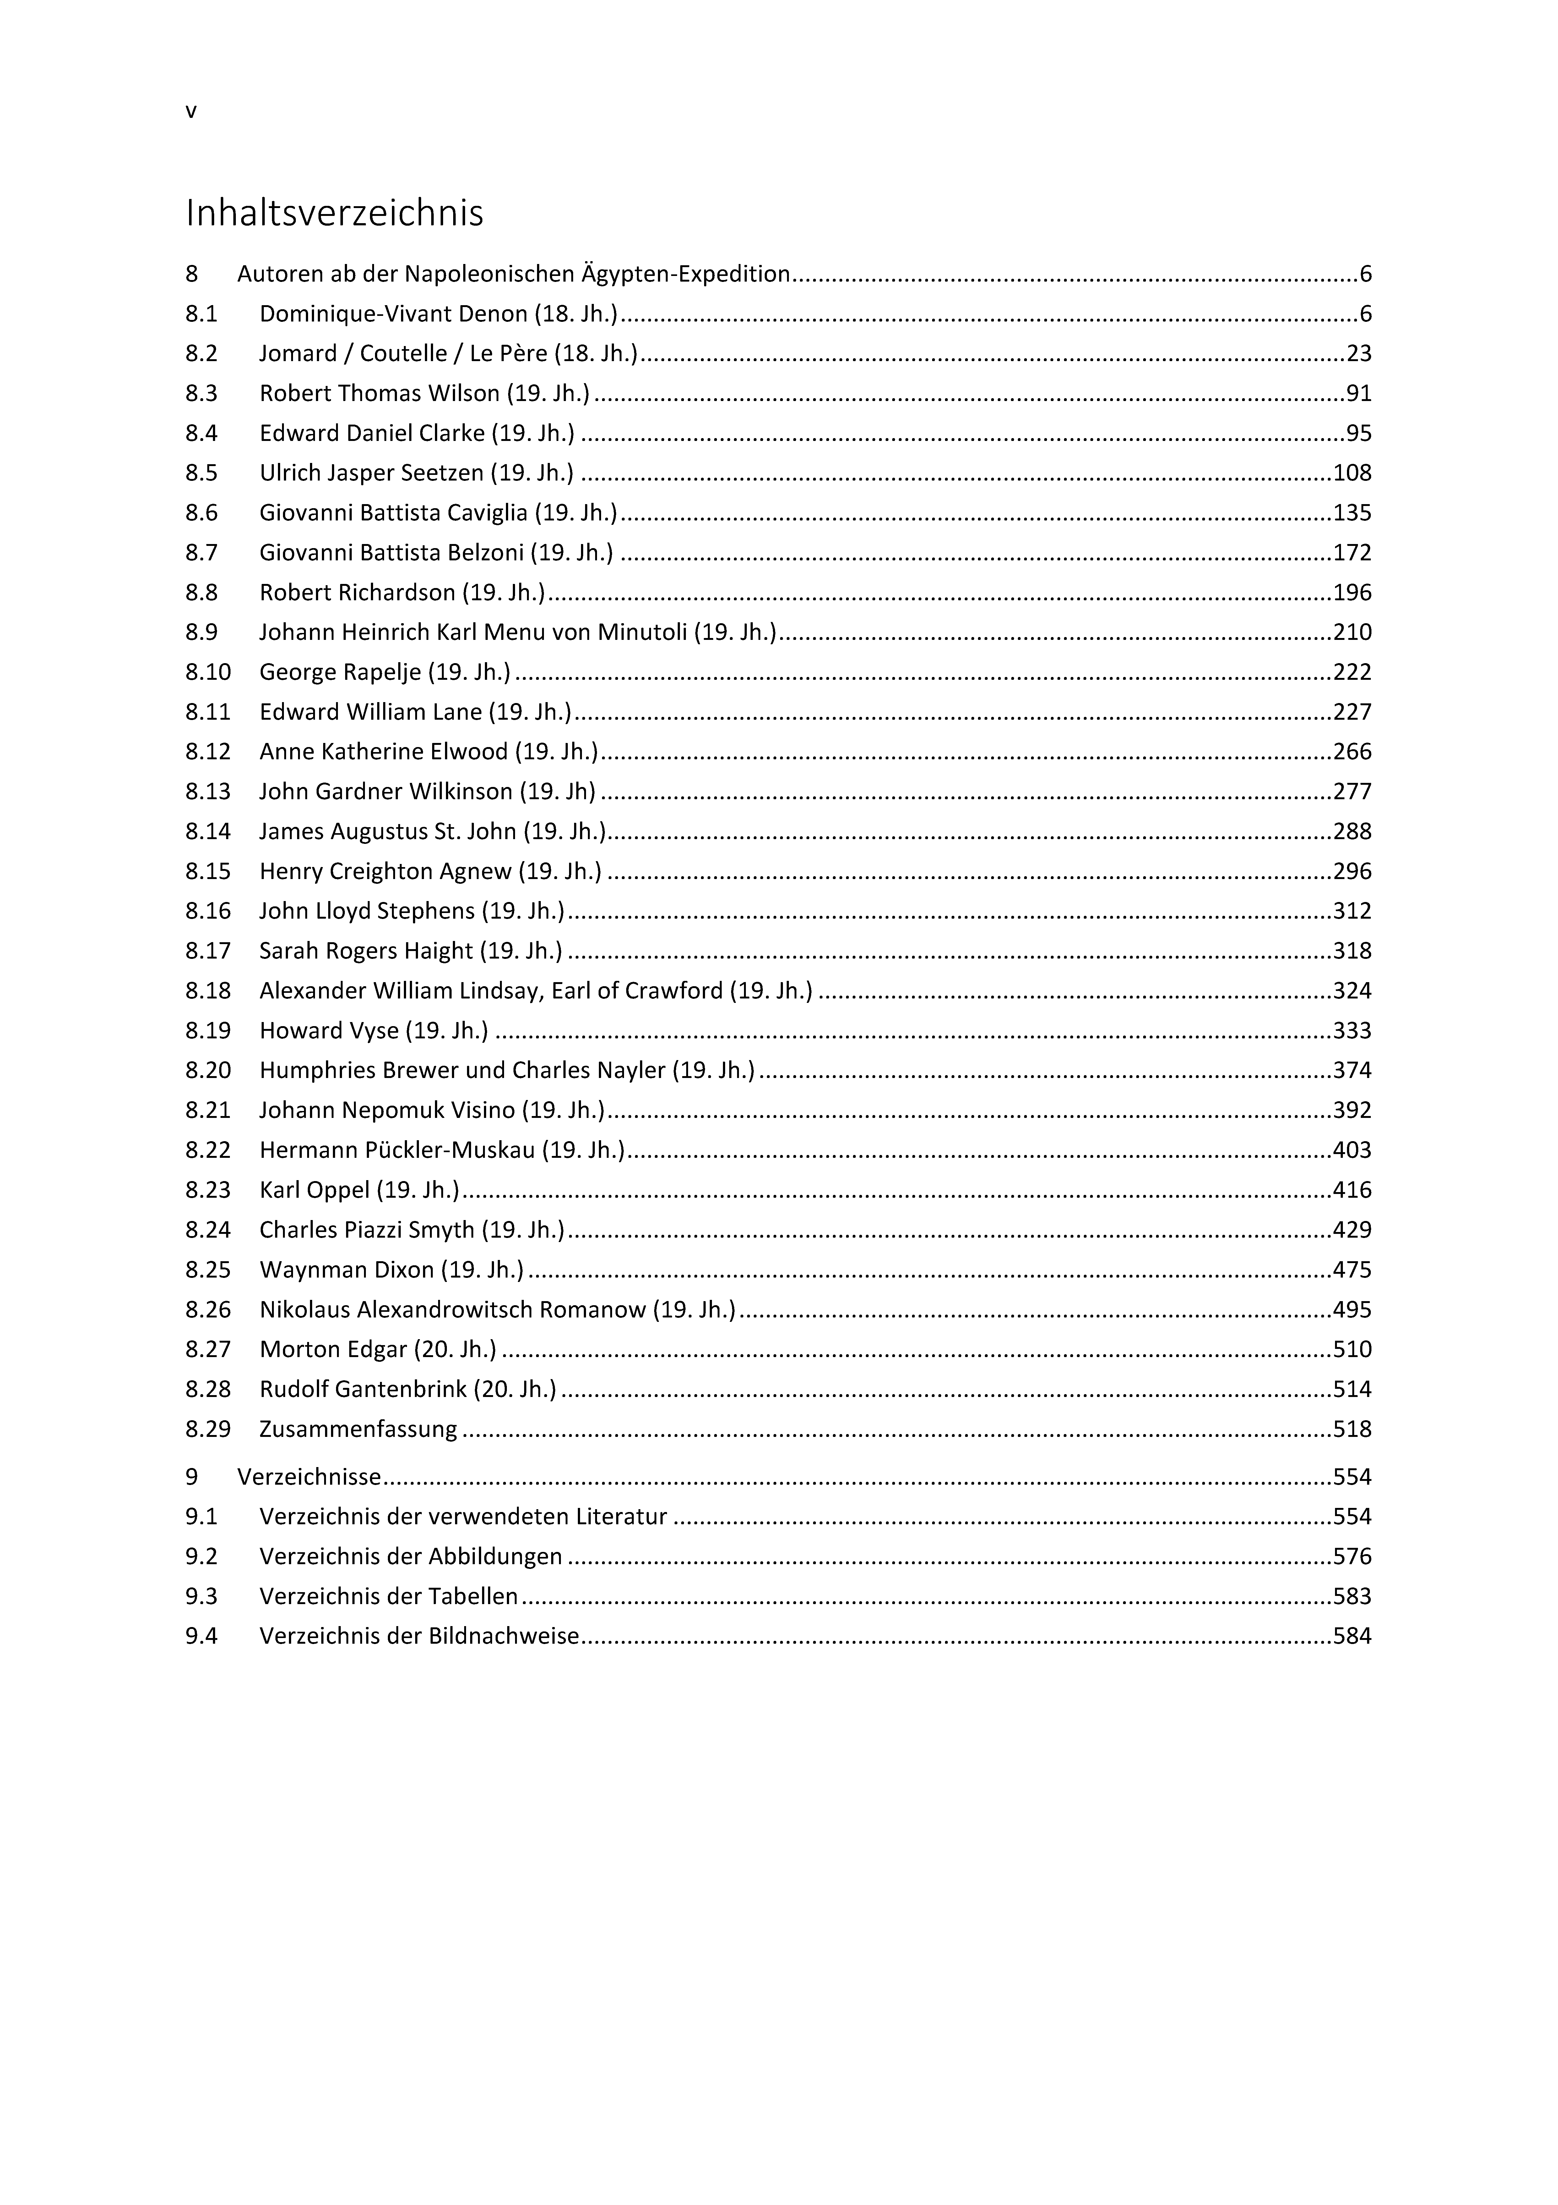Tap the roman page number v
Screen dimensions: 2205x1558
click(x=191, y=111)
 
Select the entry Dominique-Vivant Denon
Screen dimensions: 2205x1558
click(x=438, y=314)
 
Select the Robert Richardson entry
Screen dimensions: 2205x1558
click(x=401, y=592)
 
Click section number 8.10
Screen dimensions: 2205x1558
click(x=208, y=672)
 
